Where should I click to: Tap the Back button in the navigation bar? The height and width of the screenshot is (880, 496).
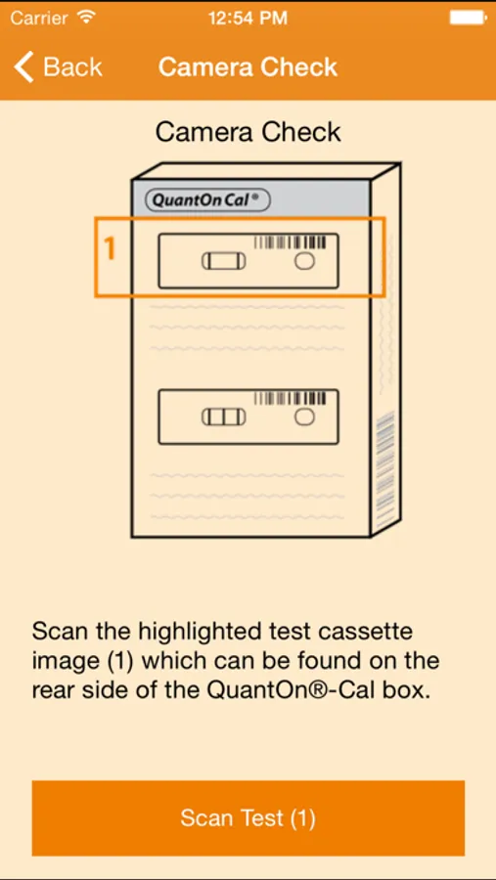[58, 66]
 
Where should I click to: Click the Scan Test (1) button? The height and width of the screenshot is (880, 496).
[248, 817]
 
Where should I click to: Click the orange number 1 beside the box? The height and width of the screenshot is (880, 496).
[111, 248]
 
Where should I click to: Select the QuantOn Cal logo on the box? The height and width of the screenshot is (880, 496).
[207, 200]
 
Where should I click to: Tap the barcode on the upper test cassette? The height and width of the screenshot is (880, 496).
[290, 242]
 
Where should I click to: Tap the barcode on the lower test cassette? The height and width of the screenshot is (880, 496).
[290, 399]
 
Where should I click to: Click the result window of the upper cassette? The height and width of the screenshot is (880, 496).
[224, 261]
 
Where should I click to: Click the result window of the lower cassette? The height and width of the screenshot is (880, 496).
[224, 417]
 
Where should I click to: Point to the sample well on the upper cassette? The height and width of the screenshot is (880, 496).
[304, 261]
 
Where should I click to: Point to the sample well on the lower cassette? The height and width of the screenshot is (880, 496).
[304, 417]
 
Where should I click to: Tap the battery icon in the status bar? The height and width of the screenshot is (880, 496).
[467, 18]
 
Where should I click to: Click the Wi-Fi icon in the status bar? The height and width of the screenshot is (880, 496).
[86, 17]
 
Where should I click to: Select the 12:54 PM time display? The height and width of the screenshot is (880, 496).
[248, 18]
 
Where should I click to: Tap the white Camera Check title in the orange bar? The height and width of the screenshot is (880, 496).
[248, 66]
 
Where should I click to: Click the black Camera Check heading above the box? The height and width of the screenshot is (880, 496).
[248, 132]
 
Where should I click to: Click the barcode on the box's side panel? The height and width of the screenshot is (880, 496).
[384, 471]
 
